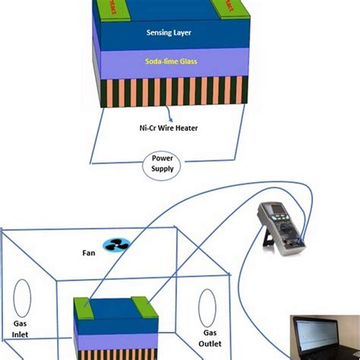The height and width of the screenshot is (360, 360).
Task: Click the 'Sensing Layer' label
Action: pos(171,33)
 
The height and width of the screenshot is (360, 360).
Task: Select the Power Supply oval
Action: pos(162,163)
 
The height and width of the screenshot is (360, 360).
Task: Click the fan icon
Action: pos(119,245)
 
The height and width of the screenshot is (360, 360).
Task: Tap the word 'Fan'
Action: pos(88,252)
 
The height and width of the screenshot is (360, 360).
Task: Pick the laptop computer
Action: pos(326,334)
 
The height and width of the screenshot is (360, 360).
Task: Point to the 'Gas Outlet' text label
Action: pos(210,339)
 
